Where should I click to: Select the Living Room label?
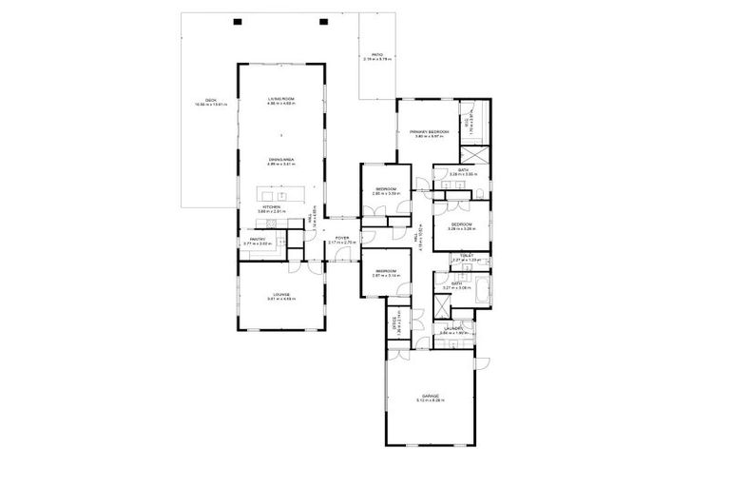pyautogui.click(x=280, y=101)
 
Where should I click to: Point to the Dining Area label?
pyautogui.click(x=280, y=162)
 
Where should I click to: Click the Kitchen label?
pyautogui.click(x=271, y=207)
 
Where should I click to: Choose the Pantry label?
pyautogui.click(x=258, y=241)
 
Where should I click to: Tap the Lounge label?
pyautogui.click(x=280, y=296)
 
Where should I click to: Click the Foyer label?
pyautogui.click(x=341, y=240)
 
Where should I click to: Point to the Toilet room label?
pyautogui.click(x=466, y=257)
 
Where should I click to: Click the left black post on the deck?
pyautogui.click(x=238, y=21)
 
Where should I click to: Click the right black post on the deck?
pyautogui.click(x=323, y=21)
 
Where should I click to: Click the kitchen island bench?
pyautogui.click(x=286, y=195)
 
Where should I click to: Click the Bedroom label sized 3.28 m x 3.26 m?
pyautogui.click(x=461, y=225)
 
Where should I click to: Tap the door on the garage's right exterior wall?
pyautogui.click(x=482, y=363)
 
